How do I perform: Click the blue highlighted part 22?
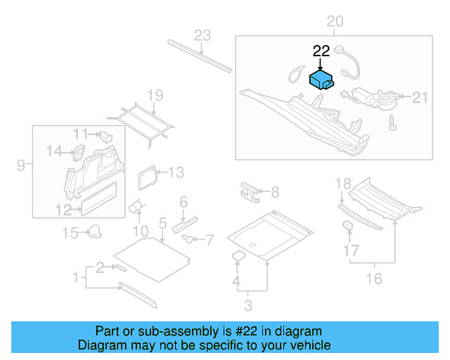click(321, 79)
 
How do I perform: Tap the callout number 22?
click(321, 51)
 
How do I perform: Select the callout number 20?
click(335, 22)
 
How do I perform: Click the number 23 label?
click(202, 35)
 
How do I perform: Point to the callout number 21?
click(419, 97)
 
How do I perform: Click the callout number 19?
click(155, 95)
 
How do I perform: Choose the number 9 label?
click(21, 165)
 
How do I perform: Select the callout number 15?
click(71, 233)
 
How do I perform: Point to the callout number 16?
click(374, 279)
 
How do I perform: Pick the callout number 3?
click(248, 305)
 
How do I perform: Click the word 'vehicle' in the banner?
click(306, 345)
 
